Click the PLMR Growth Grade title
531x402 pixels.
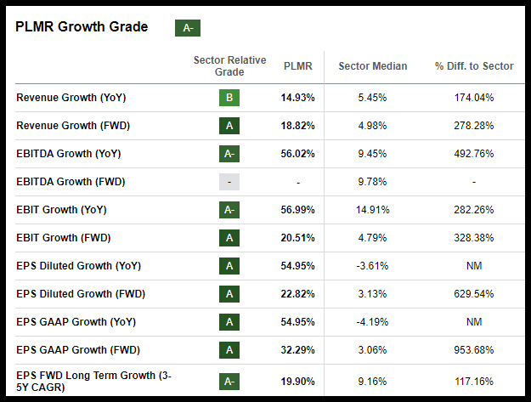[82, 26]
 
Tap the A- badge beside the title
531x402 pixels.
[187, 28]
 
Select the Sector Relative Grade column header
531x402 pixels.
[229, 66]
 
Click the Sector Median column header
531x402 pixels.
[372, 66]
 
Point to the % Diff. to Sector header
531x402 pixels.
[474, 66]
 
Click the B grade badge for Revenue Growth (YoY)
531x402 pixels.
[229, 98]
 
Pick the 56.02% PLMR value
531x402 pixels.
[297, 154]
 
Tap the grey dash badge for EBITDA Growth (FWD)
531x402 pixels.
[229, 182]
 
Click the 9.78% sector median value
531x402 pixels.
[372, 182]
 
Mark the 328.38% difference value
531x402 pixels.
[474, 238]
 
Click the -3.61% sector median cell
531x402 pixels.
[372, 266]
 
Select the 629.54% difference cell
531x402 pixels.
[474, 294]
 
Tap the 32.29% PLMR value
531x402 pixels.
[297, 350]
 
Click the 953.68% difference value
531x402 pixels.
[474, 350]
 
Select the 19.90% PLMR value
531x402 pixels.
[297, 382]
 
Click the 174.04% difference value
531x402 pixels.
[474, 98]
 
